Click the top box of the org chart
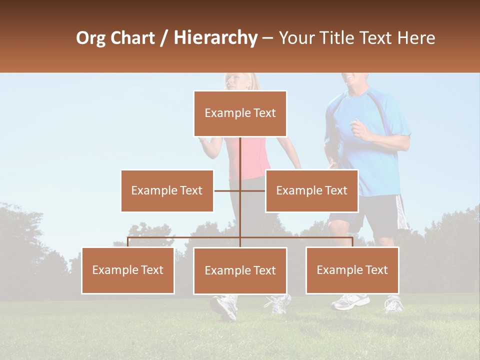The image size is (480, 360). [x=240, y=113]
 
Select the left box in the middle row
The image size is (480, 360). [x=167, y=190]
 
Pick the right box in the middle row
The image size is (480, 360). [x=311, y=190]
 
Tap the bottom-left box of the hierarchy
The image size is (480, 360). [x=128, y=270]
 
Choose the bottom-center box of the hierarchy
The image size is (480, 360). [x=240, y=270]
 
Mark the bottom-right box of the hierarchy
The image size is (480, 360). [x=352, y=270]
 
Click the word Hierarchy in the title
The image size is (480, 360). [x=215, y=38]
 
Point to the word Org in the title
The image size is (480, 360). [x=90, y=38]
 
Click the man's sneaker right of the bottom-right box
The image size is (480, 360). [x=394, y=303]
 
